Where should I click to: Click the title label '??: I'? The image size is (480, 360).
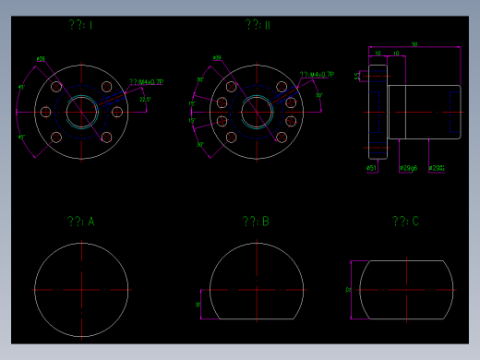pos(80,26)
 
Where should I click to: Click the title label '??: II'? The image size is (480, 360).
pos(258,25)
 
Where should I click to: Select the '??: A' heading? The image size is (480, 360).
pos(80,222)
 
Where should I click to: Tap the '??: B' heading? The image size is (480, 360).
pos(256,222)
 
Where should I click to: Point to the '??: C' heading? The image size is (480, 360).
pos(405,222)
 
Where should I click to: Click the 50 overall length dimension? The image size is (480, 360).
pos(414,44)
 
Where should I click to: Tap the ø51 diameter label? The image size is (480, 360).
pos(371,169)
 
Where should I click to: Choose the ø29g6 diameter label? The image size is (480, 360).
pos(407,169)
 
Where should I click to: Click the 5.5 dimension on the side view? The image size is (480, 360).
pos(358,76)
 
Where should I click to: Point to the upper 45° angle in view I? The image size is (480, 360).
pos(21,88)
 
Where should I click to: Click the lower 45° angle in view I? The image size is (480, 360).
pos(21,137)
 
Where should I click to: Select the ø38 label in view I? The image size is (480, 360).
pos(41,59)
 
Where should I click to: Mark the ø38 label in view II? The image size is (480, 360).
pos(218,59)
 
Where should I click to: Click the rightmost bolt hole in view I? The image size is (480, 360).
pos(116,112)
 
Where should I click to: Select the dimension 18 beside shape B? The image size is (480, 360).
pos(198,303)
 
